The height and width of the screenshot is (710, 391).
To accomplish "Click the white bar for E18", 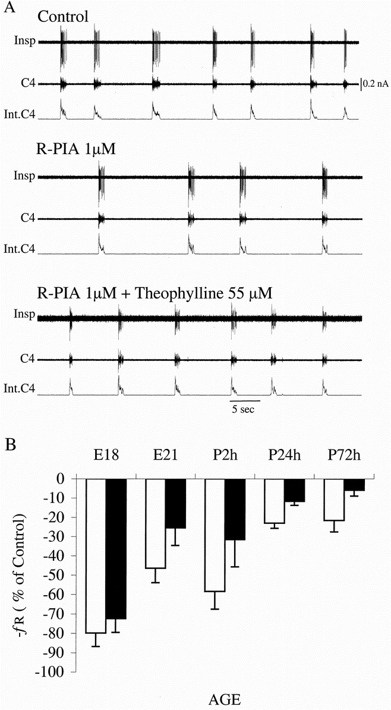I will pos(96,555).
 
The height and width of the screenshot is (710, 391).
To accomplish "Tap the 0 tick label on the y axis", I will pos(67,479).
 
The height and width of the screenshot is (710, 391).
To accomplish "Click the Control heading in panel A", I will pos(63,16).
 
